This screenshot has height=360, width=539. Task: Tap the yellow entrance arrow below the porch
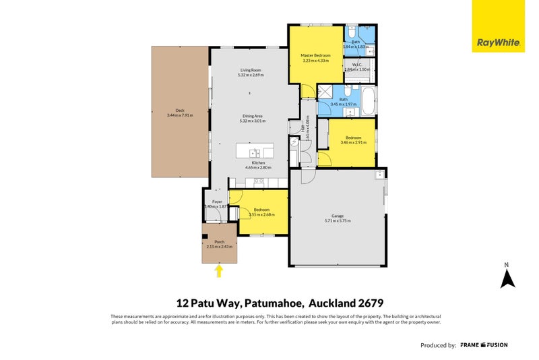click(218, 270)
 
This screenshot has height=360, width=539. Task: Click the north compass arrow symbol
click(507, 277)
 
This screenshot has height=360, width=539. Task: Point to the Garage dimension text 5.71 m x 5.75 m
click(338, 221)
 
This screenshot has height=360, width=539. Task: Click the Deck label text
click(180, 110)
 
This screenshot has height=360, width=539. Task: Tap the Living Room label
click(251, 70)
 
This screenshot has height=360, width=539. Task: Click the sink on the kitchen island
click(255, 152)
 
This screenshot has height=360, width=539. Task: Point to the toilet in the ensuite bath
click(352, 32)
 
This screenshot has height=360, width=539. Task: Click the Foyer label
click(217, 202)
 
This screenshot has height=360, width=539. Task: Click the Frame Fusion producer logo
click(484, 345)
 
